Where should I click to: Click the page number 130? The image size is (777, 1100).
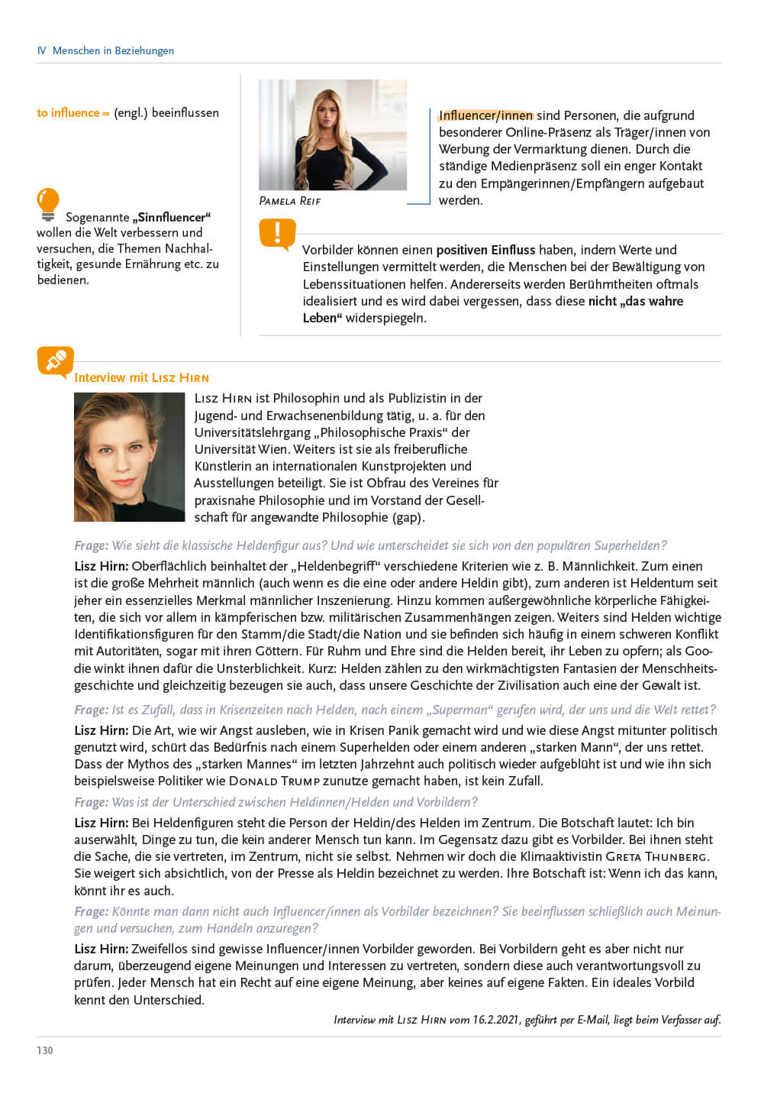click(45, 1050)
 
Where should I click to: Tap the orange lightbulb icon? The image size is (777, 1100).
click(47, 204)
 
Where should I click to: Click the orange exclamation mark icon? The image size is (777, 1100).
click(277, 234)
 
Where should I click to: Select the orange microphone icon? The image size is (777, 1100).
click(55, 361)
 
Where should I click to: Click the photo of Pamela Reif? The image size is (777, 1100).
click(333, 134)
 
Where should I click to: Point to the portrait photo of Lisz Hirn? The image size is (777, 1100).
click(129, 457)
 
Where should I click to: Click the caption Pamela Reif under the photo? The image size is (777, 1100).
click(290, 201)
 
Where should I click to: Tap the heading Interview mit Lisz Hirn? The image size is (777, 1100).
click(141, 377)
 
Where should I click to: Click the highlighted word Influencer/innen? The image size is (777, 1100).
click(485, 115)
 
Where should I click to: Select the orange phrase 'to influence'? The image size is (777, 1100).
click(69, 112)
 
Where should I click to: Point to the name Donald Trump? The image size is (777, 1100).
click(274, 781)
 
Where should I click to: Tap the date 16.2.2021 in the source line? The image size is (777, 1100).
click(496, 1020)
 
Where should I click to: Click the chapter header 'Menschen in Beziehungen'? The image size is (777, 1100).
click(113, 50)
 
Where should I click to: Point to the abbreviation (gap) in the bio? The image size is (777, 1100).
click(408, 517)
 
